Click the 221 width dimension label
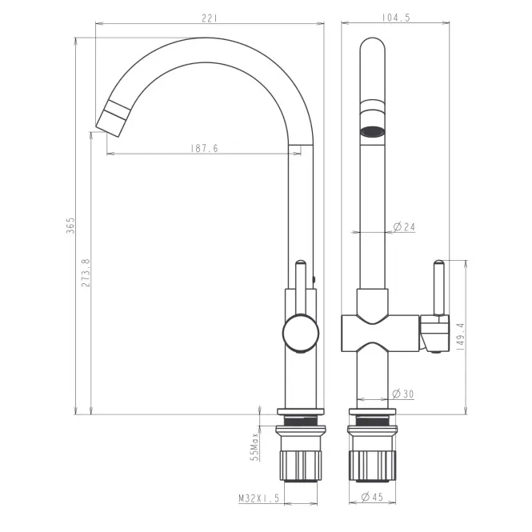(209, 18)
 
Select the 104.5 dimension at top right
(396, 18)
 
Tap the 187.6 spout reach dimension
(204, 148)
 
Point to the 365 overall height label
(70, 226)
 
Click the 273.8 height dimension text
(86, 273)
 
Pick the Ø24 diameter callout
(404, 226)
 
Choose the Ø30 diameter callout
(403, 394)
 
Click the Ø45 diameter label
(372, 497)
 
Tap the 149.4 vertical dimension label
(461, 337)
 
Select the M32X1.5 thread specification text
(259, 498)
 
